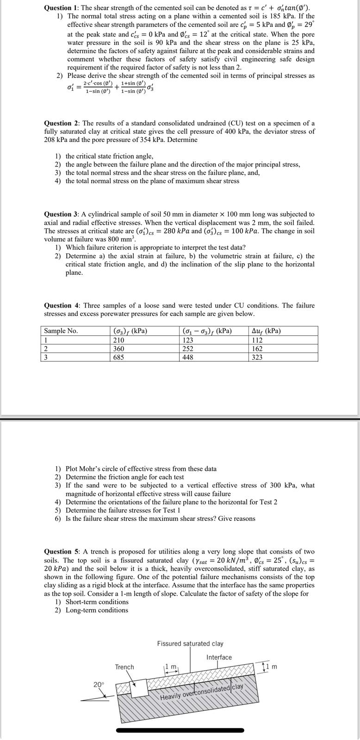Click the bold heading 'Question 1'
click(x=61, y=8)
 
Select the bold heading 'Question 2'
click(x=61, y=123)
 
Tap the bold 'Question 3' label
click(x=61, y=214)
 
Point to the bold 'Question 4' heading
click(x=61, y=305)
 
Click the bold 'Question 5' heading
click(x=61, y=551)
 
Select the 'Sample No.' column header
click(x=61, y=331)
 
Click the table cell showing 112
click(x=257, y=340)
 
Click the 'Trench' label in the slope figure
click(x=124, y=667)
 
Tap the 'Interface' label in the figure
click(x=219, y=657)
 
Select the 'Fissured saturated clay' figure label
click(x=190, y=643)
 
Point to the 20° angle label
click(x=99, y=684)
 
